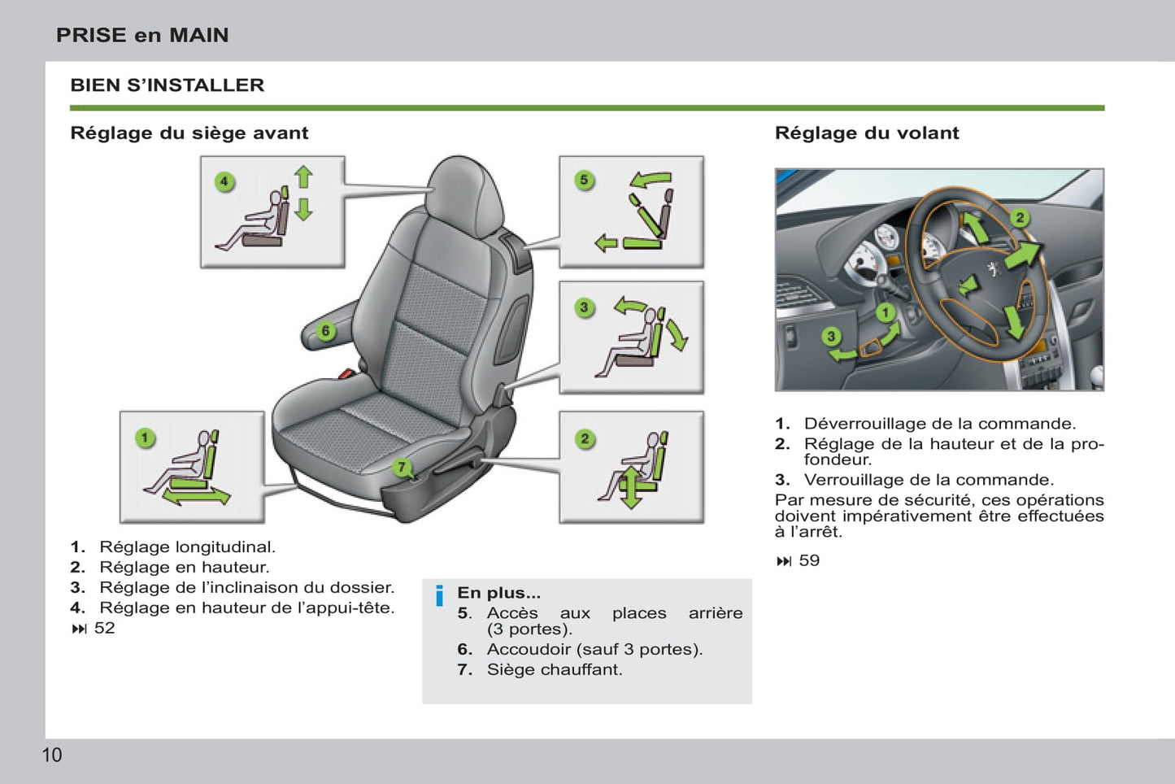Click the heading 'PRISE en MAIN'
[x=142, y=35]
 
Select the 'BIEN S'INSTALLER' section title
[x=167, y=85]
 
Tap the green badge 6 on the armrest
[x=325, y=331]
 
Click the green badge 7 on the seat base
[x=401, y=467]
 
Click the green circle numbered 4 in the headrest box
[x=224, y=181]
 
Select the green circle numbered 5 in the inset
[x=584, y=180]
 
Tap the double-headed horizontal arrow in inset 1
[x=196, y=495]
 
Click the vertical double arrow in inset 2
[x=631, y=487]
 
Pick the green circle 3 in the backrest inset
[x=584, y=307]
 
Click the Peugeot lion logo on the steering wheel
[x=993, y=268]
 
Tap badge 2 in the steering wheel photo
[x=1020, y=217]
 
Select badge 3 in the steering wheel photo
[x=830, y=336]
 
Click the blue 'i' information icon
[x=439, y=596]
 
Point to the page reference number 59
[x=809, y=560]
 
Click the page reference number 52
[x=104, y=628]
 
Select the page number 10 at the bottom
[x=51, y=755]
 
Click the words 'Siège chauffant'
[x=554, y=669]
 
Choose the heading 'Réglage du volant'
[x=866, y=133]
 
